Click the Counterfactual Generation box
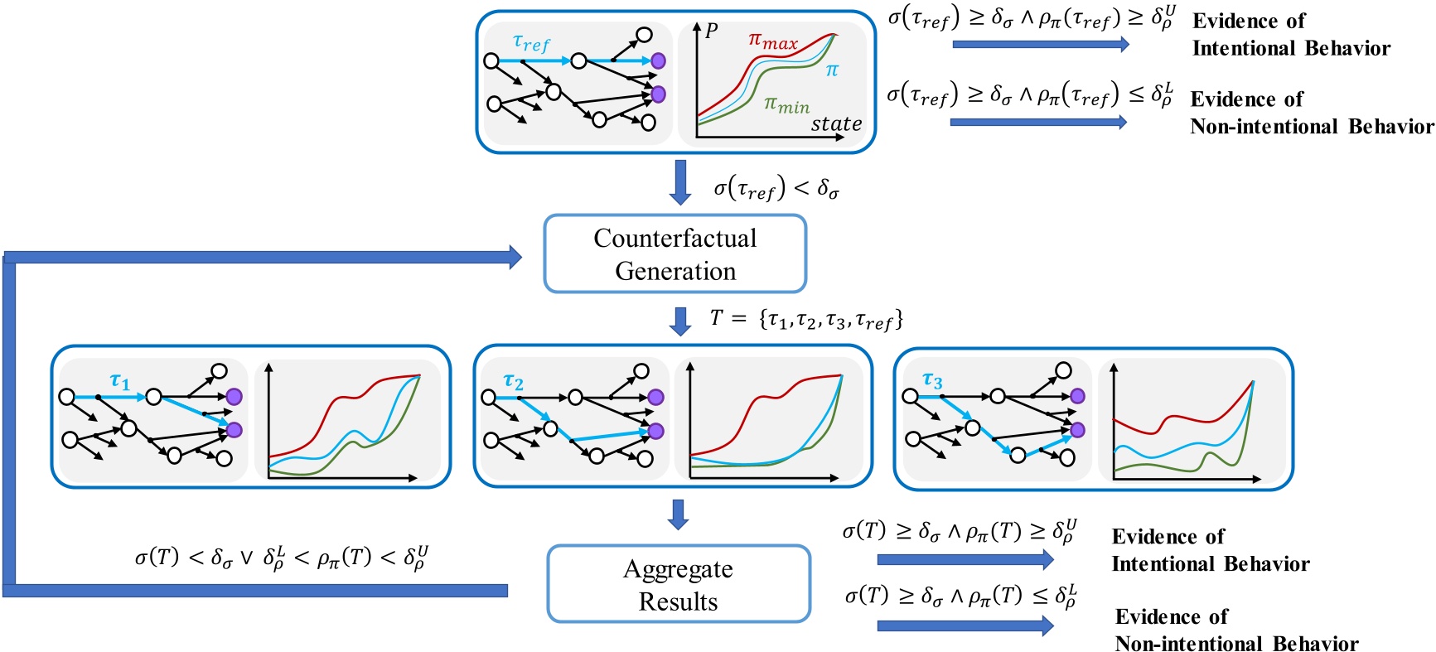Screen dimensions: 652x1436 674,254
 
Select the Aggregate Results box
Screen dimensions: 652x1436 678,584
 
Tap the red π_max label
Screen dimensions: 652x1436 772,41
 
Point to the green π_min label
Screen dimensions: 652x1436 786,104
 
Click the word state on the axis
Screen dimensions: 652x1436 836,124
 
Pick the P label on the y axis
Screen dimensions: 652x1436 711,31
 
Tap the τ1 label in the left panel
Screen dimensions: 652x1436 120,381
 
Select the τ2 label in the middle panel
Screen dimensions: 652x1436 514,381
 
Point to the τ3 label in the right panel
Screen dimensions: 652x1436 932,380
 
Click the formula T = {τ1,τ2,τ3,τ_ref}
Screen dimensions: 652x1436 806,319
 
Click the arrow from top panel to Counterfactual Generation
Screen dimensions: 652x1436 680,182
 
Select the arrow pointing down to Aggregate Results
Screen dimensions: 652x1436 678,514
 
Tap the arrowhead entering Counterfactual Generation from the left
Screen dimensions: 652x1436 514,257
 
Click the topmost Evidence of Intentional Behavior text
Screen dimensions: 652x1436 1290,35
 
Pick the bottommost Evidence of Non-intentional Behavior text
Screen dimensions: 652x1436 1235,630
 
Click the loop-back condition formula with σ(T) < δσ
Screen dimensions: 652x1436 282,558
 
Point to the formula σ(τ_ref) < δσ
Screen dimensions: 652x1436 776,190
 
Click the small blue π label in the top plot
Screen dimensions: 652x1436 832,71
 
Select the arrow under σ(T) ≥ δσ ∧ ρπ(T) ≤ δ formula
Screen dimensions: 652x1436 965,626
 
